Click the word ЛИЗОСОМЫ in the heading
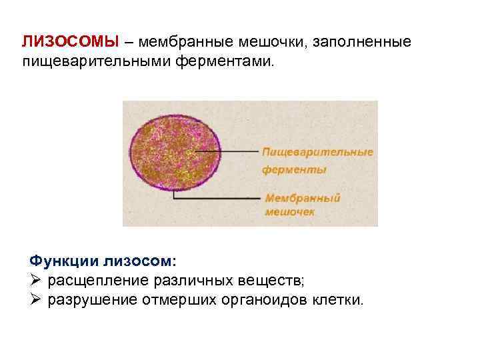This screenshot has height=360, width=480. (69, 42)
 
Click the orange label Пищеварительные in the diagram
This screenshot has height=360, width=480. (317, 152)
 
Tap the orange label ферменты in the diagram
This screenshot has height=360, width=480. (294, 169)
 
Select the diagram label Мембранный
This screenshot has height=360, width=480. (303, 198)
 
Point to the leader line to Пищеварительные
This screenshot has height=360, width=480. (240, 151)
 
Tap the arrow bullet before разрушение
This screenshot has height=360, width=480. (37, 300)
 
